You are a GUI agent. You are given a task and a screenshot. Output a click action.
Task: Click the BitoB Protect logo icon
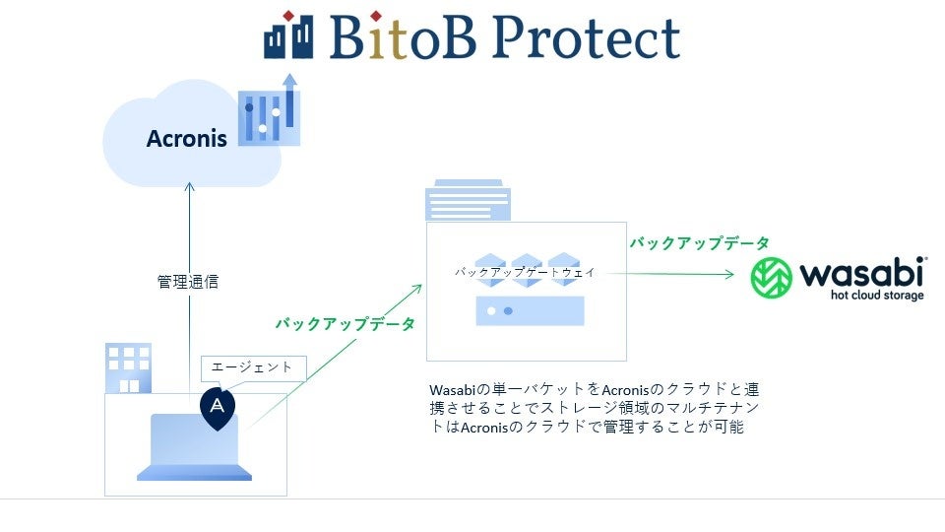pyautogui.click(x=287, y=35)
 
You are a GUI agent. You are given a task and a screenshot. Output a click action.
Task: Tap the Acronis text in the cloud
pyautogui.click(x=187, y=139)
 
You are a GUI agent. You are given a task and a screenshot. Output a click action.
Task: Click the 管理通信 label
pyautogui.click(x=187, y=282)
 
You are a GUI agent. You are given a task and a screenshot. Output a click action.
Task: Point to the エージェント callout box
pyautogui.click(x=252, y=367)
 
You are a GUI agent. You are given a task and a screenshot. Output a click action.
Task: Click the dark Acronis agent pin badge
pyautogui.click(x=218, y=406)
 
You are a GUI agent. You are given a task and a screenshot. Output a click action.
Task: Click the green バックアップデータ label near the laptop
pyautogui.click(x=345, y=323)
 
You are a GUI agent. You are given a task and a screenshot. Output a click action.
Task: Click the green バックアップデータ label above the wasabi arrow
pyautogui.click(x=700, y=242)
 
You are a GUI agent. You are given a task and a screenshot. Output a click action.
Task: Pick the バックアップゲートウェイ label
pyautogui.click(x=525, y=271)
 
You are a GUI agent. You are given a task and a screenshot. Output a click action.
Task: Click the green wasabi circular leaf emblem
pyautogui.click(x=772, y=278)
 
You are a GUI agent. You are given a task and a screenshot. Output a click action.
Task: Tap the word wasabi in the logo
pyautogui.click(x=860, y=272)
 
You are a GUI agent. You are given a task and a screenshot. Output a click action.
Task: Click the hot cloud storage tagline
pyautogui.click(x=875, y=296)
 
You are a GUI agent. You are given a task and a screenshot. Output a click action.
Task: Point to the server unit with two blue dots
pyautogui.click(x=530, y=310)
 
